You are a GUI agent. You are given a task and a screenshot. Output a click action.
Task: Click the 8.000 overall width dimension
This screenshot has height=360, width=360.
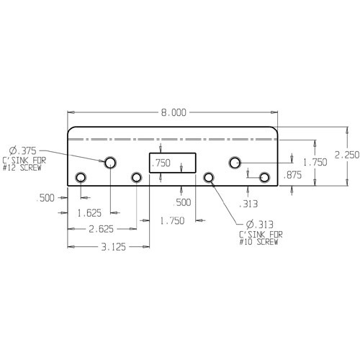click(174, 112)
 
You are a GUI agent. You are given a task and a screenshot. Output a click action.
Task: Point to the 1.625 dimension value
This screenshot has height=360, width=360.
click(90, 212)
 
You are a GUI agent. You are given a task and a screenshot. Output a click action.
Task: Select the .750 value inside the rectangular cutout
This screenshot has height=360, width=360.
click(161, 163)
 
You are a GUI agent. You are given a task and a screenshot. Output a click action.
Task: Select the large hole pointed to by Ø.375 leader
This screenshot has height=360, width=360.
click(110, 163)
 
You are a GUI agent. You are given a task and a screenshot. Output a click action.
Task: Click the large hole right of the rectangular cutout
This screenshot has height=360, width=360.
click(235, 163)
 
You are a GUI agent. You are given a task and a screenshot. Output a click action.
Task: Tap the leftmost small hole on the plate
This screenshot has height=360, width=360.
click(81, 177)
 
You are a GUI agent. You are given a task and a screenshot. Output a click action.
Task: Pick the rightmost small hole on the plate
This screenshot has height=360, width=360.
click(264, 177)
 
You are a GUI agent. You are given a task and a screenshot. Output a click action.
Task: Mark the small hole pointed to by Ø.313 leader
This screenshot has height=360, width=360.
click(209, 177)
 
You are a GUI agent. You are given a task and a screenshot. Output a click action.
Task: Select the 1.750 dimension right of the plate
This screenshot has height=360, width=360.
click(315, 163)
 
